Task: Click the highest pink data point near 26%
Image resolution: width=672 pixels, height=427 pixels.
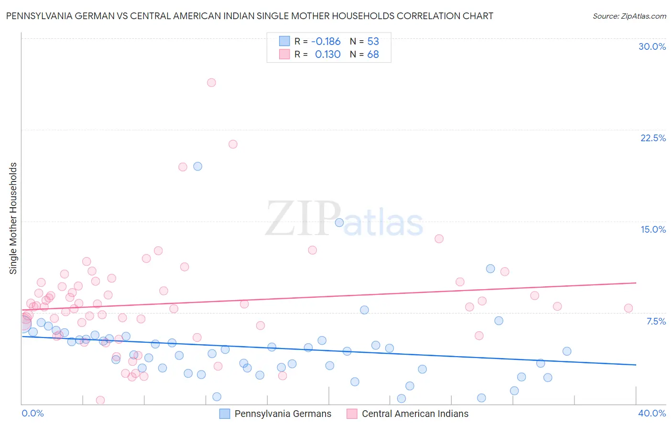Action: tap(211, 82)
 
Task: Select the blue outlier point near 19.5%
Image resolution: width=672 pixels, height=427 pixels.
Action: tap(197, 167)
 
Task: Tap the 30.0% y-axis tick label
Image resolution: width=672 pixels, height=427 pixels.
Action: tap(652, 46)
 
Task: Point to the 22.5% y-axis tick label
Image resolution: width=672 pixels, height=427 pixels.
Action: tap(653, 138)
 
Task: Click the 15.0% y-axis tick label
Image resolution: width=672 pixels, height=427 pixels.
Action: tap(653, 229)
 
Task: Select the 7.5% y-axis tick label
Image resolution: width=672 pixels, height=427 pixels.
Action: tap(656, 321)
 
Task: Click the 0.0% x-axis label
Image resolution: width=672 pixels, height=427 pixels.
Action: tap(33, 413)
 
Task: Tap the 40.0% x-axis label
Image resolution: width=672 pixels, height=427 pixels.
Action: tap(652, 413)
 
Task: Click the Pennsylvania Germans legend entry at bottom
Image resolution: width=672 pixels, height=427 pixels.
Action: tap(282, 414)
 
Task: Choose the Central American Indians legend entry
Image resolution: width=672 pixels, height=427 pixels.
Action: tap(415, 414)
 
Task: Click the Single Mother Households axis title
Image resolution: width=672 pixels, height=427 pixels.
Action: tap(13, 218)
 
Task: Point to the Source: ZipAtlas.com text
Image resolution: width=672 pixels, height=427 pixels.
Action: tap(629, 16)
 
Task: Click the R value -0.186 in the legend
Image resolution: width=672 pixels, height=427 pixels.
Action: tap(325, 41)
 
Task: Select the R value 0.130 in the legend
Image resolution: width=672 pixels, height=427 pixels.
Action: tap(327, 54)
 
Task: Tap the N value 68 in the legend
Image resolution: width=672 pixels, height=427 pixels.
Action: tap(373, 54)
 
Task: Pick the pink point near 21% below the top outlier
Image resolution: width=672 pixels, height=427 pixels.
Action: tap(233, 144)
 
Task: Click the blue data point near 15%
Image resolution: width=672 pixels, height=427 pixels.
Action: tap(339, 223)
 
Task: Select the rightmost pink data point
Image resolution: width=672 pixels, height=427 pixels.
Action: tap(629, 308)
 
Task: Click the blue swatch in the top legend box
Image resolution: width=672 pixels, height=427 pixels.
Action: tap(284, 41)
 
